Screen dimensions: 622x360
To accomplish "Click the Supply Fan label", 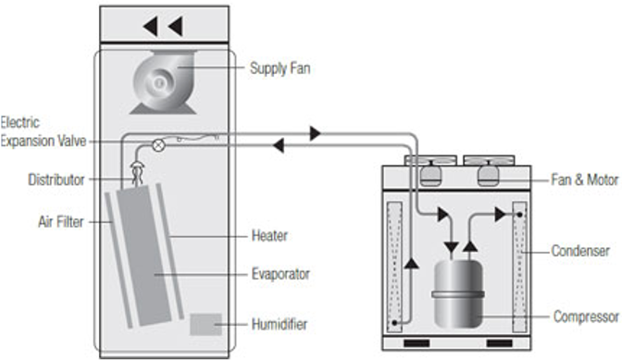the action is pos(280,68).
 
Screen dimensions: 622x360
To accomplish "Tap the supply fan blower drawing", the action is pos(164,82).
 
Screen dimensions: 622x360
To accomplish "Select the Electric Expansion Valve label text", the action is pos(43,131).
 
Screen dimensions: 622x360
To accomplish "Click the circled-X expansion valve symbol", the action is pos(158,145).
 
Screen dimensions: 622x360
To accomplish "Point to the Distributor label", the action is pos(56,180).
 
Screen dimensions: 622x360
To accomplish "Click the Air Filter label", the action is pos(61,221).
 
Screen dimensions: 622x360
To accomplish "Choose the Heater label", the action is pos(269,236).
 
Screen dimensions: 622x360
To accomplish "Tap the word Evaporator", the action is pos(280,274).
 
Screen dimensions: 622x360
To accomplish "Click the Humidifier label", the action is pos(280,324).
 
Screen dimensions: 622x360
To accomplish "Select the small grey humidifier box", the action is pos(205,324).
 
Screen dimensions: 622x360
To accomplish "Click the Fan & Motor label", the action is pos(584,180).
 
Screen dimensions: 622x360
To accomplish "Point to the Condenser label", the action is pos(580,251).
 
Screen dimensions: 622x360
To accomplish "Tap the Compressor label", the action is pos(586,317).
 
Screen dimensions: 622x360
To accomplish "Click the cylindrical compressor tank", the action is pos(458,293).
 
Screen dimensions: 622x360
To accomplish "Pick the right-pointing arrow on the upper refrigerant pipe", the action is pos(316,133).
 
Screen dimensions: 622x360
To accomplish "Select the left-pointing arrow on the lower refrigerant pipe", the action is pos(279,145).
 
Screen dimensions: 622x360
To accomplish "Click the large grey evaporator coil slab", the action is pos(144,255).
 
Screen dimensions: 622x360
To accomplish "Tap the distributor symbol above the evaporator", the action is pos(137,173).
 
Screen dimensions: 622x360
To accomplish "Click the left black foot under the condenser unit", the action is pos(417,343).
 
